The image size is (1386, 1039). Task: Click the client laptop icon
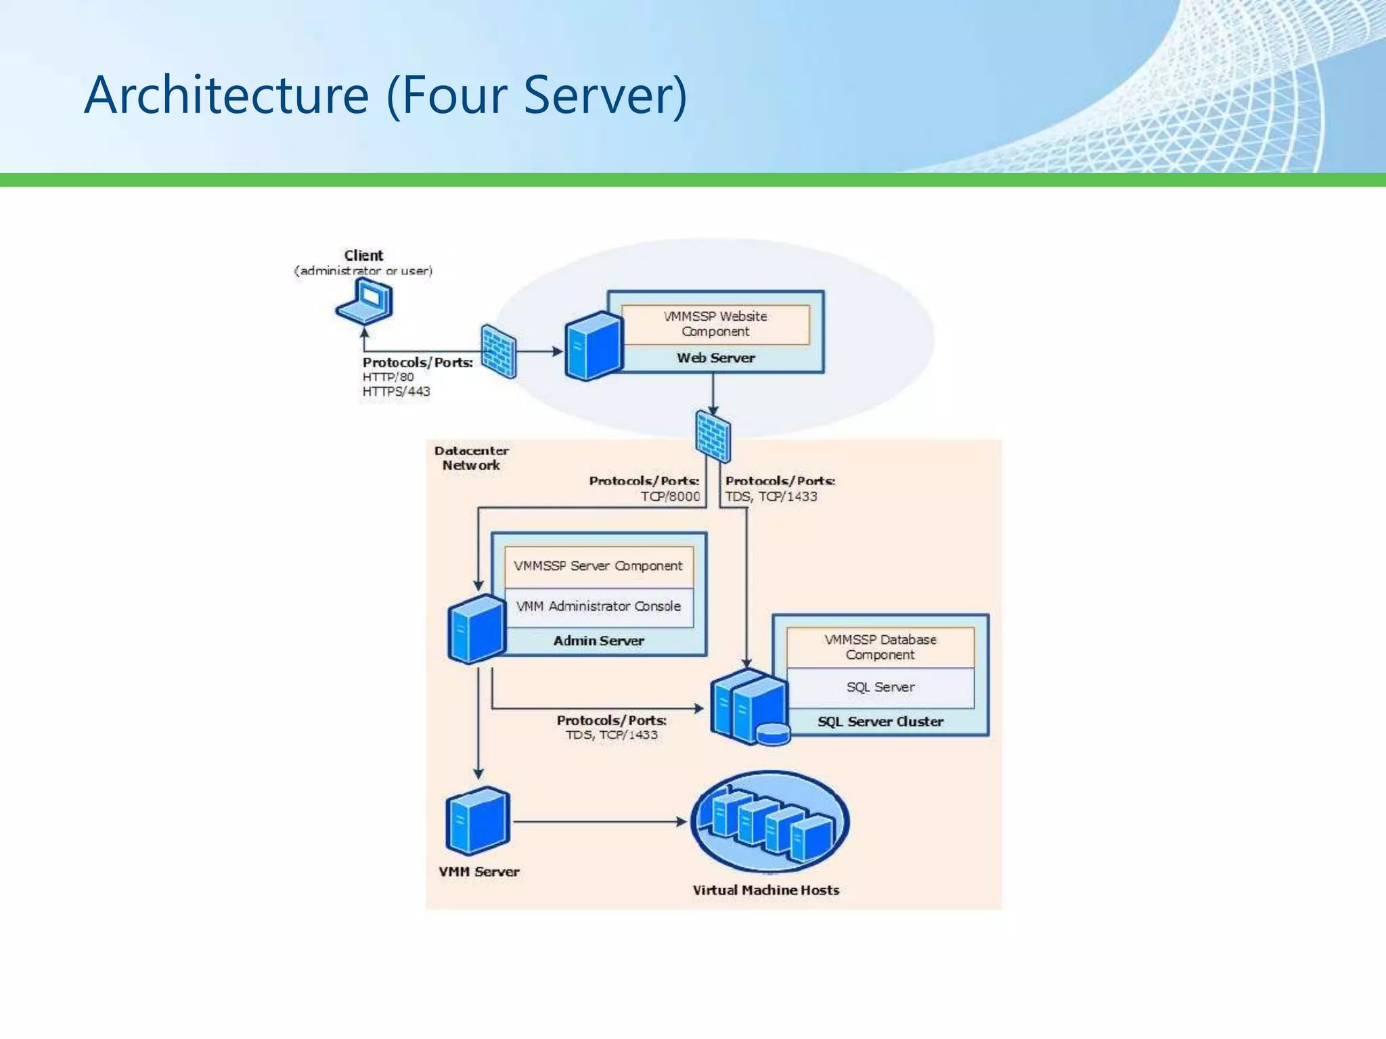click(x=365, y=302)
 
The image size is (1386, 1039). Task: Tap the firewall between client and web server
click(x=499, y=351)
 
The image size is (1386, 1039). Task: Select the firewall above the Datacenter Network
click(x=713, y=437)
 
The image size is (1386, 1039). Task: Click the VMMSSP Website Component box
click(x=715, y=324)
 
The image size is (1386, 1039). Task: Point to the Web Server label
click(x=715, y=358)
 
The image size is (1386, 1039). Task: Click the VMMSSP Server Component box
click(x=598, y=566)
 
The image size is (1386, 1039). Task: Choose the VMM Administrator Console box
click(x=598, y=607)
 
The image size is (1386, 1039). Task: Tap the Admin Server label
click(x=598, y=641)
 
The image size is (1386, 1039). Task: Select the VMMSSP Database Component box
click(x=880, y=647)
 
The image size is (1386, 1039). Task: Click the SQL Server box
click(x=880, y=687)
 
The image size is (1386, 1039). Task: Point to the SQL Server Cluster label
click(x=880, y=722)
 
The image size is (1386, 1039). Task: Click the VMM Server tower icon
click(x=478, y=821)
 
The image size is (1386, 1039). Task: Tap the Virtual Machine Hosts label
click(x=765, y=890)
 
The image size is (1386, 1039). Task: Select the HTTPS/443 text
click(x=396, y=392)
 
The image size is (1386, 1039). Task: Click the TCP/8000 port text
click(x=670, y=497)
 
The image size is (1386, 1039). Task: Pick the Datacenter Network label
click(x=471, y=458)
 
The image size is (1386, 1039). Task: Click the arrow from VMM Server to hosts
click(x=599, y=822)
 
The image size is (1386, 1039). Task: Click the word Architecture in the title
click(x=227, y=95)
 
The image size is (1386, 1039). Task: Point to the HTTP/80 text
click(x=388, y=377)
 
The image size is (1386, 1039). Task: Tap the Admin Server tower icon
click(x=477, y=628)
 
